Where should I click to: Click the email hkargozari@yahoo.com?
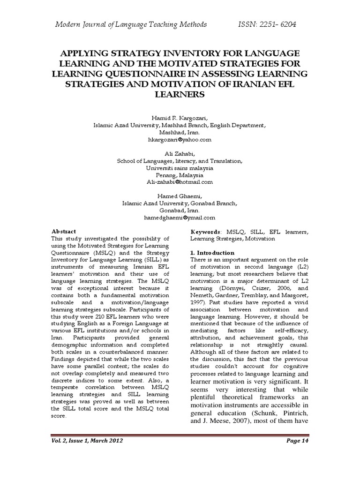click(180, 140)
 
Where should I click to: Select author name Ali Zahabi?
click(180, 154)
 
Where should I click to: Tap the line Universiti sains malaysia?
click(180, 168)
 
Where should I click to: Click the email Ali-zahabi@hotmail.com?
click(180, 182)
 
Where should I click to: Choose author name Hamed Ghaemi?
click(180, 196)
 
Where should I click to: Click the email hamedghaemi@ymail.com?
click(180, 217)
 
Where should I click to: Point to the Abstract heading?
click(63, 232)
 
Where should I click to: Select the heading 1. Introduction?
click(212, 253)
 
